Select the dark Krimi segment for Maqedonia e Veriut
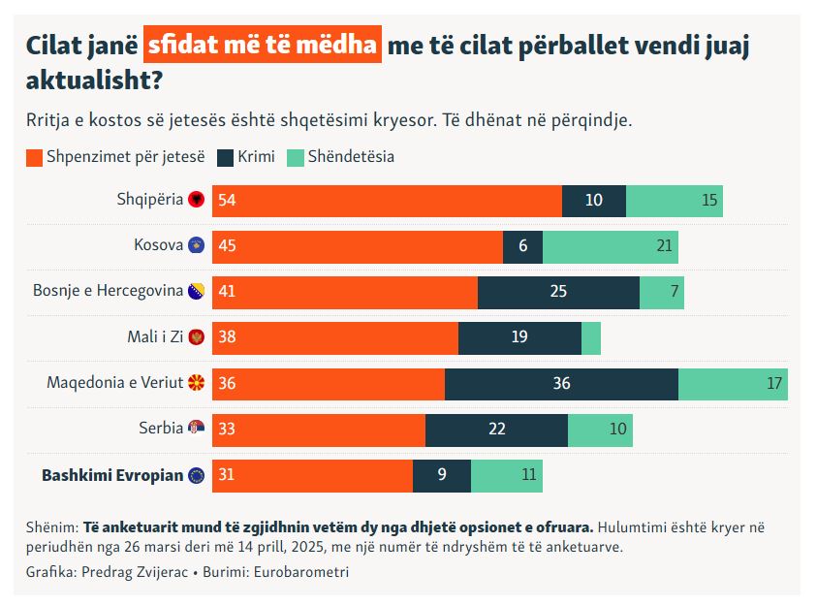561,383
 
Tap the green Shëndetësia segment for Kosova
610,246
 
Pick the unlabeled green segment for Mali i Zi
591,337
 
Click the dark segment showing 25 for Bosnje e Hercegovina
558,292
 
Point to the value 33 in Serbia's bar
228,429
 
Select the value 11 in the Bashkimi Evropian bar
528,475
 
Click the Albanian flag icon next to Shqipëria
197,200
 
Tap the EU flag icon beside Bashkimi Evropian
197,475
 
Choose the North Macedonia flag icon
197,383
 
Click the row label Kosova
158,245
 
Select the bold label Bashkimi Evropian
112,475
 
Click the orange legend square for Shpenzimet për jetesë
34,157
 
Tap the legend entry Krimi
256,156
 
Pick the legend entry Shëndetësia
351,156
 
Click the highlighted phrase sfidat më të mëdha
262,46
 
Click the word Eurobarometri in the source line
301,572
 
